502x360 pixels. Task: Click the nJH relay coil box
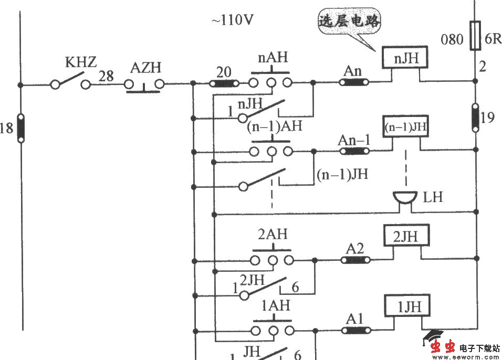point(405,58)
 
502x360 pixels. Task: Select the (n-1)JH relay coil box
point(405,126)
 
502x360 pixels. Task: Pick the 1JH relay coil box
point(405,306)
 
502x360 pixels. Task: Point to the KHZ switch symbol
point(70,83)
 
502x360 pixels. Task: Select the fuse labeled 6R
point(474,35)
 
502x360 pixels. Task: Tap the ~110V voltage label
point(233,20)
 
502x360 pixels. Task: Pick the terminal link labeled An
point(355,82)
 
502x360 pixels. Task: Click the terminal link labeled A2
point(355,259)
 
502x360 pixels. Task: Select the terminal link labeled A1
point(355,330)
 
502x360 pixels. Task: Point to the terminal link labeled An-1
point(355,151)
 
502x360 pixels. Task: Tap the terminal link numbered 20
point(224,83)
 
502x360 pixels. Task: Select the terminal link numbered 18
point(20,128)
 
